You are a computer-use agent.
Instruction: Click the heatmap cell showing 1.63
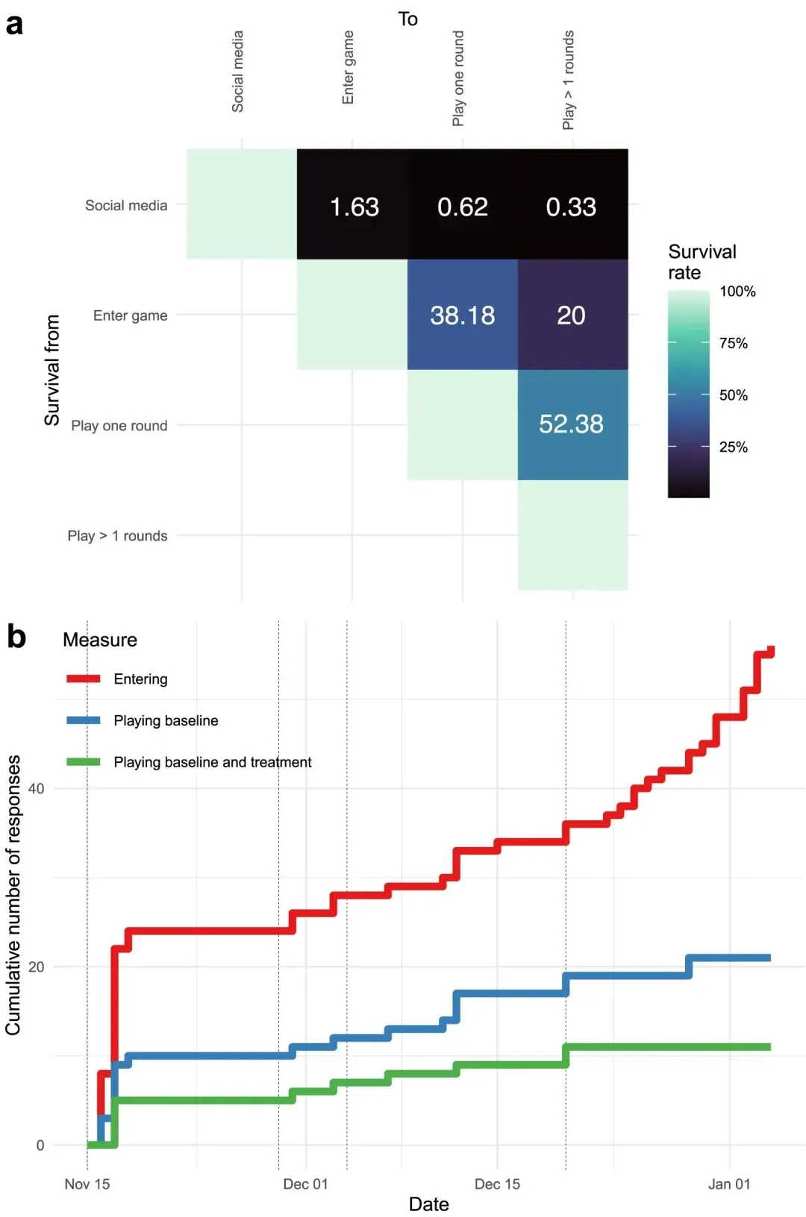coord(354,207)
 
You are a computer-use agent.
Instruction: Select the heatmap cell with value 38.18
coord(463,315)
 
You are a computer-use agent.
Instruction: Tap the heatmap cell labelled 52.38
coord(572,424)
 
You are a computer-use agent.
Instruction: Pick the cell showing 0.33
coord(572,207)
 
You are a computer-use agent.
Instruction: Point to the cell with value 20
coord(572,315)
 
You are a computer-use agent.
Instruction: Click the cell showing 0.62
coord(463,207)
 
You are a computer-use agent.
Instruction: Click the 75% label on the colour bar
coord(733,343)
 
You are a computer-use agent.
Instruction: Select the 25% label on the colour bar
coord(733,447)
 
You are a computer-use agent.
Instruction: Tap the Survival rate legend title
coord(702,262)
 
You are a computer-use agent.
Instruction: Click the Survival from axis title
coord(51,370)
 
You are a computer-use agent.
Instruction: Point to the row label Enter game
coord(130,315)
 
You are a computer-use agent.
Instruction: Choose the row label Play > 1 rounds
coord(117,535)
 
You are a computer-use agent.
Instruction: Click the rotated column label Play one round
coord(458,78)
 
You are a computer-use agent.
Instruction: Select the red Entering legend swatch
coord(83,679)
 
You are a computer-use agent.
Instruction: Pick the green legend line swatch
coord(83,761)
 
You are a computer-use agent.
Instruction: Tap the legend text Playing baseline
coord(166,720)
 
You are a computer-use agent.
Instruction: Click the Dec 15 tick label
coord(497,1184)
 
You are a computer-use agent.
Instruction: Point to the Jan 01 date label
coord(729,1184)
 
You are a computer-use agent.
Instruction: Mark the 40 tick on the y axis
coord(36,788)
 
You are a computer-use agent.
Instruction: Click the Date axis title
coord(428,1204)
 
